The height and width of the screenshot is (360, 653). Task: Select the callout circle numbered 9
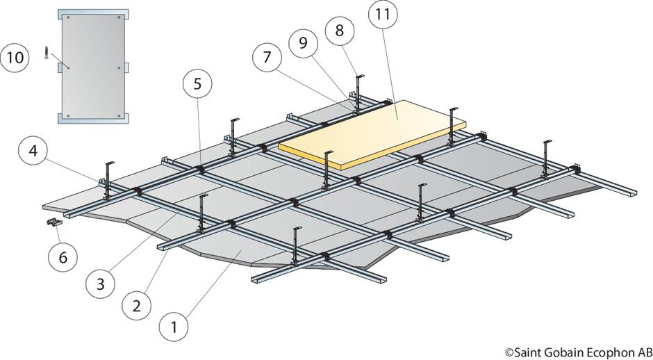pos(304,42)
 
